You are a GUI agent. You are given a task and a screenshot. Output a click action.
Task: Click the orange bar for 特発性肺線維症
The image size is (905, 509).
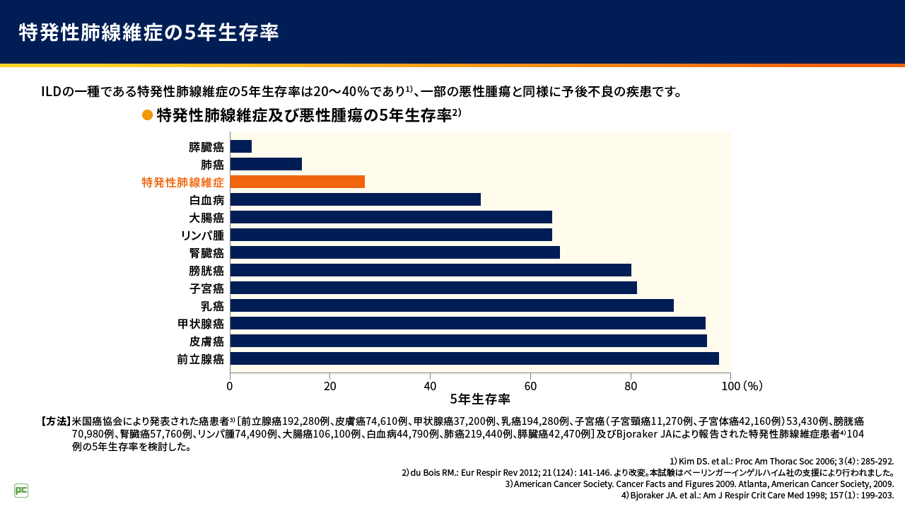point(298,182)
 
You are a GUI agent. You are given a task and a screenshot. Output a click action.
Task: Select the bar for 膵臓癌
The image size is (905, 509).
point(241,146)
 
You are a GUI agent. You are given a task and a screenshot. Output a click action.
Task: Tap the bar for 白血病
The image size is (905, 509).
point(356,199)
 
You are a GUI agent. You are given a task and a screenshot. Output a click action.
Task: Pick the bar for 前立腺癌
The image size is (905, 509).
point(474,358)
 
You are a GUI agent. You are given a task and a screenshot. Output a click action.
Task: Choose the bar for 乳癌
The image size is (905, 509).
point(452,305)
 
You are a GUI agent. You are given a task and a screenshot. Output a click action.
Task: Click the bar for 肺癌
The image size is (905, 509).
point(266,164)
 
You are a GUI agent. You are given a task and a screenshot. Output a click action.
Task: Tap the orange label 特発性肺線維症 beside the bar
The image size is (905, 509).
point(183,182)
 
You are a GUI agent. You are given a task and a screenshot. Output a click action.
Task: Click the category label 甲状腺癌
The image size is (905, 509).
point(201,324)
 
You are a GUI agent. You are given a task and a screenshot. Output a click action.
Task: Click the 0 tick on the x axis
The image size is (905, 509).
point(230,386)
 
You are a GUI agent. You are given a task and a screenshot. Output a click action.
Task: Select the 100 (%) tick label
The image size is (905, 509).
point(742,386)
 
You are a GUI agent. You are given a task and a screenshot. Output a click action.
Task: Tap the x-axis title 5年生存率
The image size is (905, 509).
point(480,399)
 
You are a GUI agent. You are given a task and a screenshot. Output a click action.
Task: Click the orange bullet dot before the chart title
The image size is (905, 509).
point(147,115)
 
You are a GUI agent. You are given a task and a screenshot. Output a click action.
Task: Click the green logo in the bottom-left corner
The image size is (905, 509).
point(21,491)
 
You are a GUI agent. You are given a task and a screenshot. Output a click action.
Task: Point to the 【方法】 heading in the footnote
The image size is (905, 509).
point(56,421)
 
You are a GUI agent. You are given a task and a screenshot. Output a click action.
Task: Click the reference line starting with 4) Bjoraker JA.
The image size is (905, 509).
point(757,496)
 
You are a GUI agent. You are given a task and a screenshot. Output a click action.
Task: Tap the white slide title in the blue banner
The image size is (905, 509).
point(148,33)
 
